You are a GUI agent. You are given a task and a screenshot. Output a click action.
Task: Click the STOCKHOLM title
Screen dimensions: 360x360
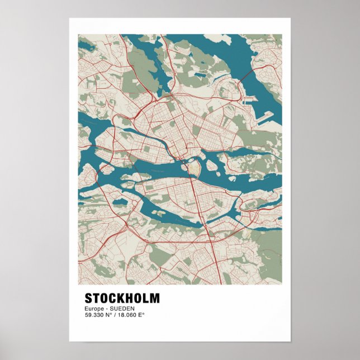[122, 298]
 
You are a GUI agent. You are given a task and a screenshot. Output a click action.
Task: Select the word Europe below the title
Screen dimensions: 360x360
[94, 309]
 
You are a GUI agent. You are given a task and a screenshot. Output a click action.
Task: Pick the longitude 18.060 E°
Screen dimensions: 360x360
[131, 315]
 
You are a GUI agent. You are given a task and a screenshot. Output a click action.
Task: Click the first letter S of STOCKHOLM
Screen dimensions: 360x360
[88, 298]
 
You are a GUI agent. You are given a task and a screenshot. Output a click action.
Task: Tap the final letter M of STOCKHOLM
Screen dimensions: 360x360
[154, 298]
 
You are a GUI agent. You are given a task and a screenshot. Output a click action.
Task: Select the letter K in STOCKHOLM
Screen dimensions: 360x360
[119, 298]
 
